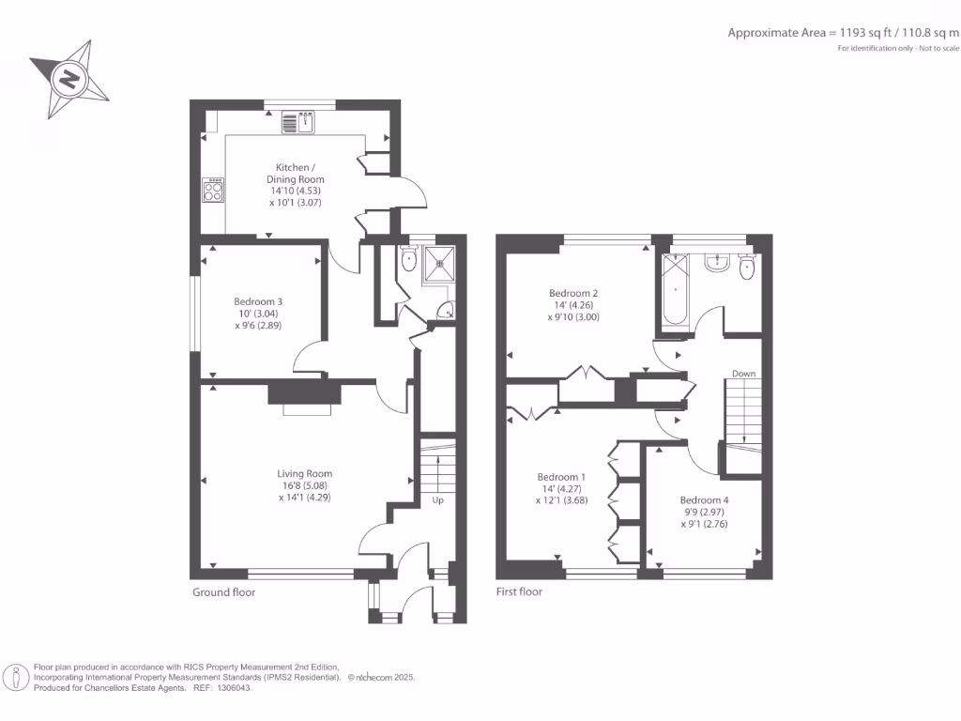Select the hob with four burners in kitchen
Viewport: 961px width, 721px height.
213,191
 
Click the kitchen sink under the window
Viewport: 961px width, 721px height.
302,122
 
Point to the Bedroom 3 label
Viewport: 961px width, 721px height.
258,301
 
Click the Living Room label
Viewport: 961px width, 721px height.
304,473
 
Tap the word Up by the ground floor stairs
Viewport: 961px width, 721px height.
437,499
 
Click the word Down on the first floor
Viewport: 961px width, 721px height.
744,374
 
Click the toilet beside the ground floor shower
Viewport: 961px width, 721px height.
408,260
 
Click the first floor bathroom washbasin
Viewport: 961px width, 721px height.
718,262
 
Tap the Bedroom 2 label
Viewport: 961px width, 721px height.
573,293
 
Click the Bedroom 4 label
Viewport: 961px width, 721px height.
704,499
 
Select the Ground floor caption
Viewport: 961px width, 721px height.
223,592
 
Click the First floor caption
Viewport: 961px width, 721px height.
519,592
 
